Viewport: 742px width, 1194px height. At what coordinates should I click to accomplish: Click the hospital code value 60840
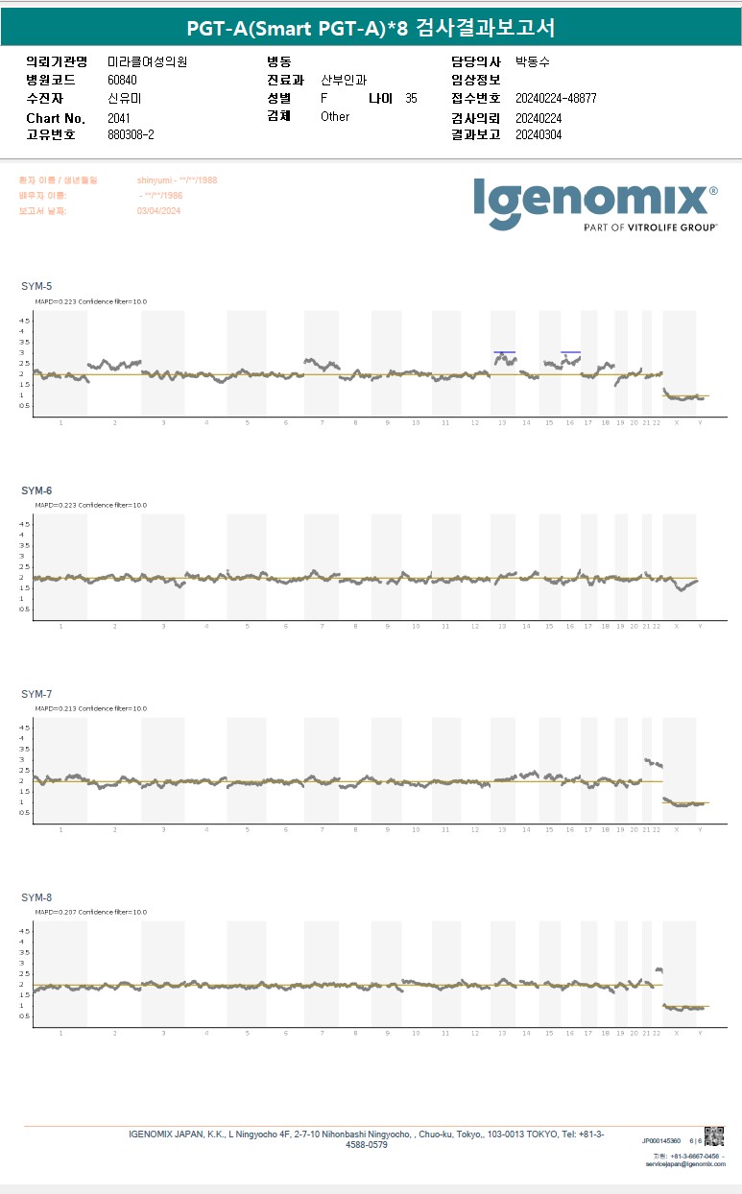(123, 80)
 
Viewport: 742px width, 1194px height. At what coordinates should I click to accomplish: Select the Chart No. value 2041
(118, 118)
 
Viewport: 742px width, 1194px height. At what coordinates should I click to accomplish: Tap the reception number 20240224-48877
(556, 99)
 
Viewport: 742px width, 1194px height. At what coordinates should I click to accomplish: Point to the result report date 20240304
(539, 135)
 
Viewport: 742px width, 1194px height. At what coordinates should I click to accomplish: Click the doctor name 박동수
(533, 61)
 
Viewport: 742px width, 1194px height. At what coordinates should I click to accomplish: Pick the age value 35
(411, 99)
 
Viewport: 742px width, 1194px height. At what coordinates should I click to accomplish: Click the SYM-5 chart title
(36, 287)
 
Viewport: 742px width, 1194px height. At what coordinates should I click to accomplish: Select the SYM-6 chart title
(36, 490)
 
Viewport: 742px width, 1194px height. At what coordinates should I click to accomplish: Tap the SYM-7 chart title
(36, 694)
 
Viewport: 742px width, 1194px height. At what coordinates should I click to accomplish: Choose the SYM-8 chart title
(36, 897)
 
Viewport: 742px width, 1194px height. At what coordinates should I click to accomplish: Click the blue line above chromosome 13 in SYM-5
(505, 352)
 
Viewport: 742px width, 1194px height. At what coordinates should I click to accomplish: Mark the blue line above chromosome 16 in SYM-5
(570, 352)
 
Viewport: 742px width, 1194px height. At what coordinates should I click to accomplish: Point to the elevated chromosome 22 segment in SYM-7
(653, 763)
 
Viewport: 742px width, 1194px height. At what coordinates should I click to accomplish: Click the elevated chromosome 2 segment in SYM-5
(114, 364)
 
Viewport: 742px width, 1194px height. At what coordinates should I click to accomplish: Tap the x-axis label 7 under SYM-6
(322, 626)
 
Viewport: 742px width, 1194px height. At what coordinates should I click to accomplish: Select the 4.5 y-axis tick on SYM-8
(25, 931)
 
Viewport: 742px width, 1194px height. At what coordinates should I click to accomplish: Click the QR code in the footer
(713, 1135)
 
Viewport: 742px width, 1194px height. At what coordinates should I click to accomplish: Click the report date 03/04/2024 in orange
(158, 211)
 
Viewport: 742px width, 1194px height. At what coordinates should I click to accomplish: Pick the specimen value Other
(335, 117)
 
